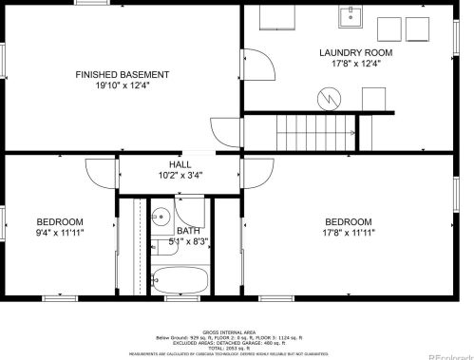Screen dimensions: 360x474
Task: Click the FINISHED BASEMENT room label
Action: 123,74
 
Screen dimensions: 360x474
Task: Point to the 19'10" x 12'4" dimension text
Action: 123,85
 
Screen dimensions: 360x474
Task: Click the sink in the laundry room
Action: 351,15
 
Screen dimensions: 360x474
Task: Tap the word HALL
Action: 180,163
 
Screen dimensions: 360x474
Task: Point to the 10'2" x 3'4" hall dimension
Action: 180,175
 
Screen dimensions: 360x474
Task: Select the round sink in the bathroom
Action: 161,215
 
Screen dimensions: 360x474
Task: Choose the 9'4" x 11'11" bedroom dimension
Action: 60,232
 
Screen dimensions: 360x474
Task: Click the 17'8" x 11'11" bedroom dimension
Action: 350,232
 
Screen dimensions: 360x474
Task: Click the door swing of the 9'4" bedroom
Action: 100,171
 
